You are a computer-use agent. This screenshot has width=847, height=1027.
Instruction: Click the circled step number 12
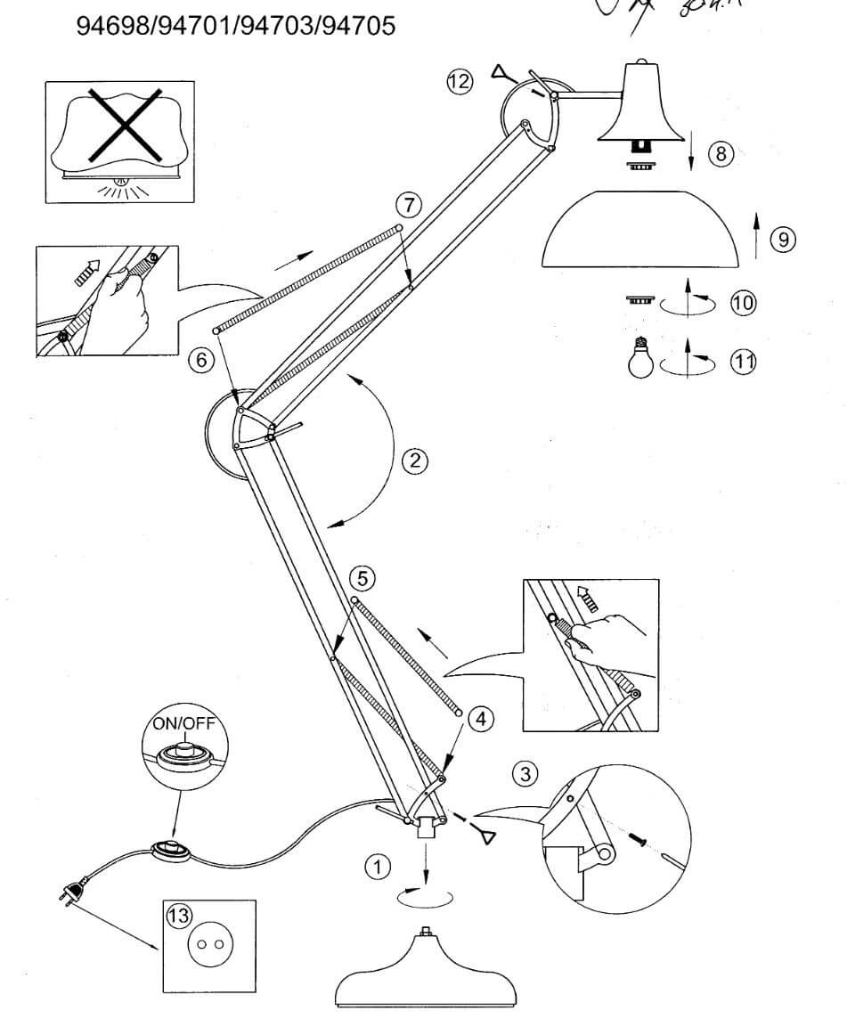point(460,82)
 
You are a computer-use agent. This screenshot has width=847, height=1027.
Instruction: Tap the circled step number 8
point(721,153)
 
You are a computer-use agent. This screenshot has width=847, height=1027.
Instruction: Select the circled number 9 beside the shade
point(782,239)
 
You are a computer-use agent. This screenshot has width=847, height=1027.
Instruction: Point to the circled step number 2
point(414,461)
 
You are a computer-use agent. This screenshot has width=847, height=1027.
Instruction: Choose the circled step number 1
point(379,865)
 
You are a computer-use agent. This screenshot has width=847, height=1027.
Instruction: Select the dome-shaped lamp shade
point(641,230)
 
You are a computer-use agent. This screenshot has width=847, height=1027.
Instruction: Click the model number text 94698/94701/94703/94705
point(237,26)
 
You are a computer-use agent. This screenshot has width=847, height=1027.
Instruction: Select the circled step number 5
point(361,578)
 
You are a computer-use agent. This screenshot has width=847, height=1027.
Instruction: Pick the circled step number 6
point(202,361)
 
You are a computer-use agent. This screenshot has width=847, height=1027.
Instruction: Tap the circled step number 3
point(527,773)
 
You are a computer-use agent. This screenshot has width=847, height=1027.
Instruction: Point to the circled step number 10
point(742,303)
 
